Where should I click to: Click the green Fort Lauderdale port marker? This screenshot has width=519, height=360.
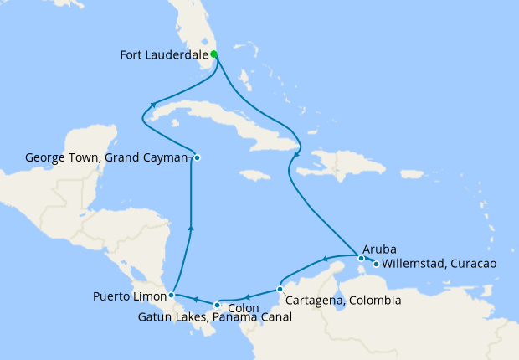[x=214, y=54]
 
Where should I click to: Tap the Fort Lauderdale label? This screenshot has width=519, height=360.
[x=164, y=57]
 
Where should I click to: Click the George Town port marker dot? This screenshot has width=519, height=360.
[x=197, y=157]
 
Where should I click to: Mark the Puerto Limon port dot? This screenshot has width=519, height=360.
[x=171, y=295]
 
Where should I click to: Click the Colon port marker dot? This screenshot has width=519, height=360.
[x=217, y=304]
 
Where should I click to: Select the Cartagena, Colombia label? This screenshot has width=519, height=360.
[x=343, y=301]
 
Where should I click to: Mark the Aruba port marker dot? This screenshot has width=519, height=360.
[x=361, y=258]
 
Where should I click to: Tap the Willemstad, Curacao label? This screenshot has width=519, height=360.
[x=439, y=264]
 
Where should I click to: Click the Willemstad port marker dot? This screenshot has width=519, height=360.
[x=376, y=265]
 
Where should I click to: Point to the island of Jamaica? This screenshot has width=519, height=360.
[x=254, y=175]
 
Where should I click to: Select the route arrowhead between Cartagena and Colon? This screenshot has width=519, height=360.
[x=248, y=297]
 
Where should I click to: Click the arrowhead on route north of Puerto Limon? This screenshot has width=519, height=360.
[x=192, y=227]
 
